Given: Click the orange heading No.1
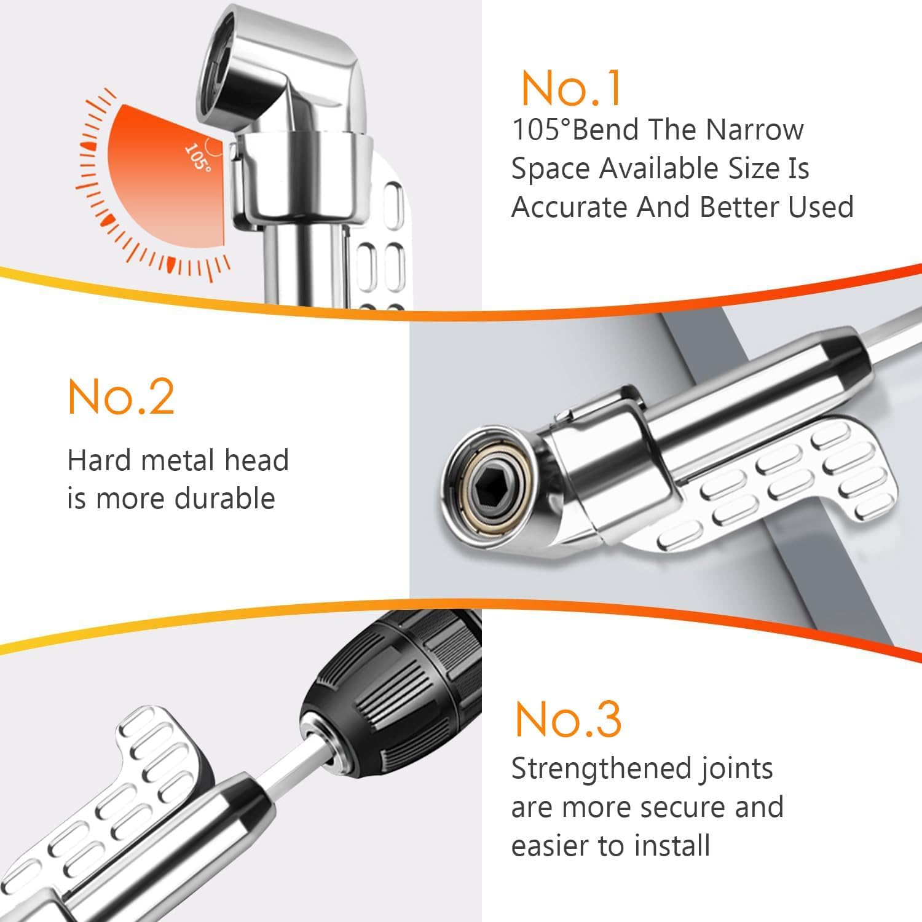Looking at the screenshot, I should pos(571,89).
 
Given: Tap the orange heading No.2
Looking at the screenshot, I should pos(121,398).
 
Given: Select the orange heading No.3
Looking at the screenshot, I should pos(568,719).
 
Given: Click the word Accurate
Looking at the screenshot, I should pos(569,207).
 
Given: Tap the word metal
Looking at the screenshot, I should pos(177,460).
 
